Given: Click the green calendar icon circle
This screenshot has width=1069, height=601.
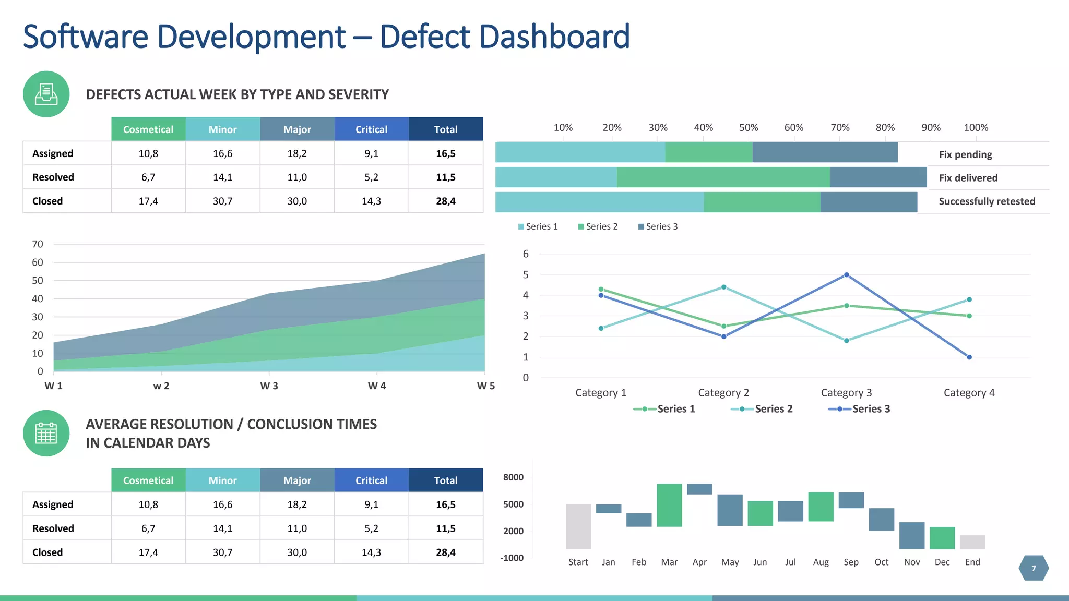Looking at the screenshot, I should [x=46, y=433].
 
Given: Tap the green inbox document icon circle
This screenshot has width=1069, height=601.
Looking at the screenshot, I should [x=46, y=94].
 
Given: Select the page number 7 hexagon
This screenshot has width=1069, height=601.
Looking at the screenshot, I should [x=1034, y=568].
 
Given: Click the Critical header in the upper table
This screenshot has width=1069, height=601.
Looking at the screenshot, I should [x=371, y=129].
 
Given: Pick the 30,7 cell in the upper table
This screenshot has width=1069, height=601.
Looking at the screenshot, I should [x=222, y=201].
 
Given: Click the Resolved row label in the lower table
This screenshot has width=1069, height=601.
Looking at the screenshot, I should [x=53, y=528].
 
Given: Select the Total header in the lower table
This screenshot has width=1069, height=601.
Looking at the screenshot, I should [x=445, y=480].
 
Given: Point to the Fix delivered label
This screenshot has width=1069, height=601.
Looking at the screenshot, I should [x=968, y=178].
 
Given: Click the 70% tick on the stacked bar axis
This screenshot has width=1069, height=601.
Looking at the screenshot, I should [x=840, y=128].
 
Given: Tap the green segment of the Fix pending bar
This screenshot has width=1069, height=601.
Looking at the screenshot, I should [x=708, y=152].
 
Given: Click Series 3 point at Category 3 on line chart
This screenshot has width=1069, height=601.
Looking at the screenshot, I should [x=846, y=275].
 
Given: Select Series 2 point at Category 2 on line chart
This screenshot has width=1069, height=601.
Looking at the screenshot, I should [x=723, y=287].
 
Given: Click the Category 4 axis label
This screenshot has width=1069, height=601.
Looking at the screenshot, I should [x=969, y=393].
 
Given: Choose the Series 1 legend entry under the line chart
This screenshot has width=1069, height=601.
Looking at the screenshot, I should [x=664, y=409].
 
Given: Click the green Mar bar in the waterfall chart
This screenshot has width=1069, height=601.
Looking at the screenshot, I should [x=669, y=505].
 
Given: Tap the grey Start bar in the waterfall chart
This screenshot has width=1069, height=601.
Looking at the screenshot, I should [x=578, y=526].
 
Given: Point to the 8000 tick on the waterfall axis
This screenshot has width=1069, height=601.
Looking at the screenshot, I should [x=513, y=477].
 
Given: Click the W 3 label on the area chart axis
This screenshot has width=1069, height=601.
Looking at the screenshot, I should [x=269, y=386].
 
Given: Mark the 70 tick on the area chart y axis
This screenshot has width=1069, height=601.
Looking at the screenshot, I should [x=38, y=244].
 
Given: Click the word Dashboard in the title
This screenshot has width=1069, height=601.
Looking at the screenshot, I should [x=554, y=37].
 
